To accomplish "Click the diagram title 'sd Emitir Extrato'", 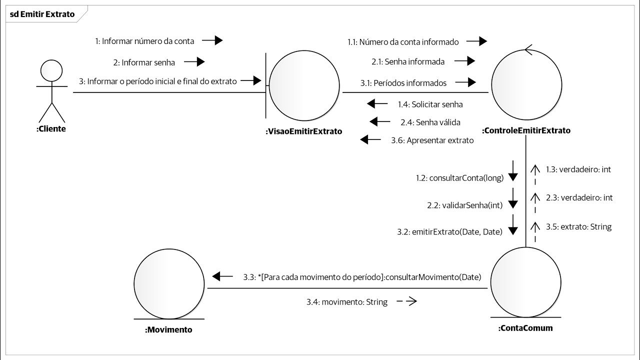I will [x=42, y=14].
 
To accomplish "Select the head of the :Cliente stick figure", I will [x=50, y=71].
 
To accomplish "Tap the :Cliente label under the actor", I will [x=51, y=128].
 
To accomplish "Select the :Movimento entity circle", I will [x=169, y=283].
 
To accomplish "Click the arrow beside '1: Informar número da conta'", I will [x=212, y=40].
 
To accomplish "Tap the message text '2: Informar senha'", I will [x=144, y=62].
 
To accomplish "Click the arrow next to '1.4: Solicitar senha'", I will [x=377, y=104].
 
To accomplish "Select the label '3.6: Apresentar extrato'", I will [x=432, y=140].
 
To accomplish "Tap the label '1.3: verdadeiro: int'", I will [x=578, y=169].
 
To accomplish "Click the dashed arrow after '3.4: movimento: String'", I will [x=406, y=301].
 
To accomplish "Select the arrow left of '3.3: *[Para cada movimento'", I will [x=222, y=276].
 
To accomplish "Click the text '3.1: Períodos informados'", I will [x=403, y=83].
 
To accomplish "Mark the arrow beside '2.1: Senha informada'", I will [x=464, y=61].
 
